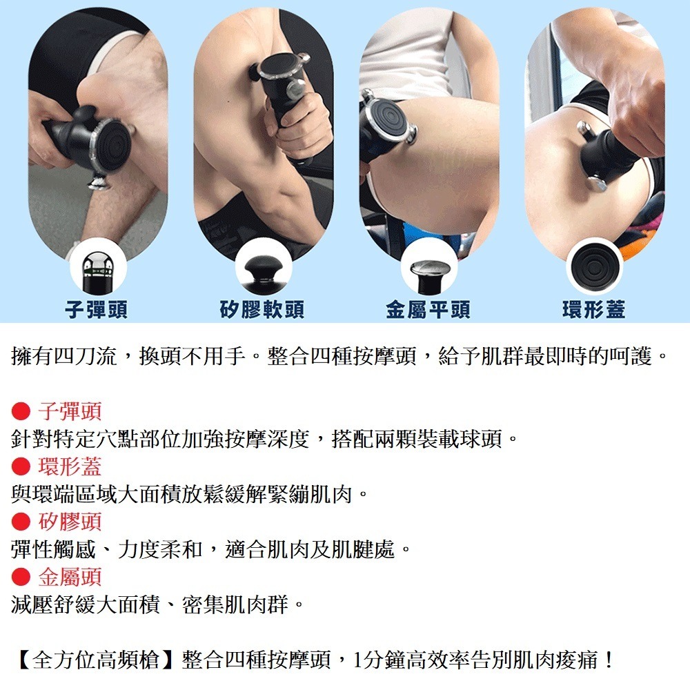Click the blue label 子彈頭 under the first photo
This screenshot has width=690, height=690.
[96, 310]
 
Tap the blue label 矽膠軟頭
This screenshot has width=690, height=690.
[262, 310]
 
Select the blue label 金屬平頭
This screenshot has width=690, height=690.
[428, 310]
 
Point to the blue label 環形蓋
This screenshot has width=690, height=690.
[593, 310]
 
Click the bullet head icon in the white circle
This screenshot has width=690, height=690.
[97, 267]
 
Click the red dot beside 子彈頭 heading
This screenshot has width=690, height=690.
[21, 412]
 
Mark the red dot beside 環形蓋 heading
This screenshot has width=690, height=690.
[21, 467]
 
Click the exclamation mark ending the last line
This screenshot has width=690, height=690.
[608, 660]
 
